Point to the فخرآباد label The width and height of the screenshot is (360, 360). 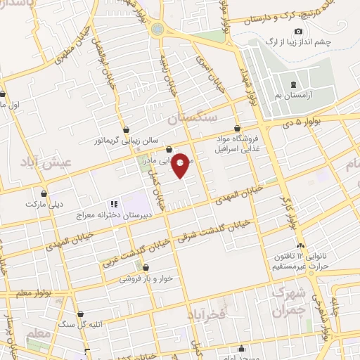tap(205, 314)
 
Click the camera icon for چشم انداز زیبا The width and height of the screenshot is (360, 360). tap(299, 32)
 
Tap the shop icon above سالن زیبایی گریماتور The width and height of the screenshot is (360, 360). tap(126, 129)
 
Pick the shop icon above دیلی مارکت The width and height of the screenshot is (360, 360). tap(44, 193)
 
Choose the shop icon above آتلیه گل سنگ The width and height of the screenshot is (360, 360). tap(82, 313)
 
